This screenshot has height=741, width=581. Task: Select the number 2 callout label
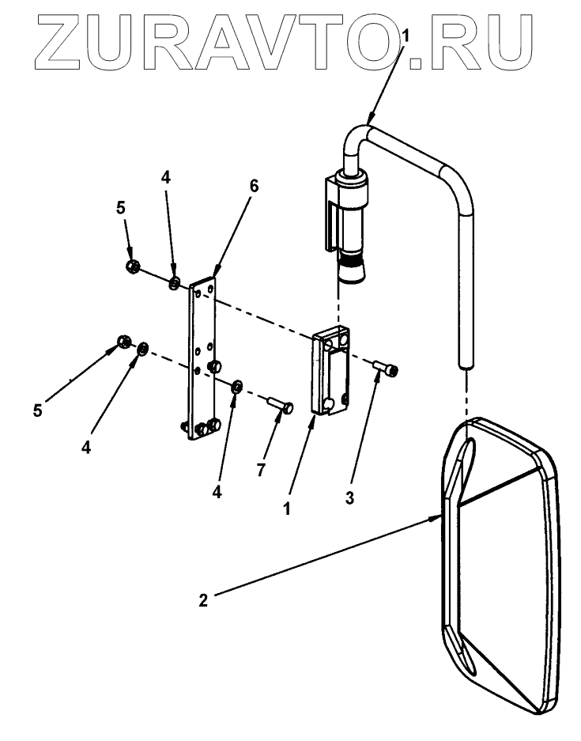(x=203, y=600)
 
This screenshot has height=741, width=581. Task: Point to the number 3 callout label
(x=350, y=499)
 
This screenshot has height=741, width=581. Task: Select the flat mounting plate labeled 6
(x=202, y=356)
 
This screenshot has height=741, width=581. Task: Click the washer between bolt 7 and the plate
(x=236, y=385)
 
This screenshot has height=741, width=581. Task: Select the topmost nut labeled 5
(x=133, y=266)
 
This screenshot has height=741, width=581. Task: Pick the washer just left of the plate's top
(x=175, y=282)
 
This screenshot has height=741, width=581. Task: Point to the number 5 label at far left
(x=38, y=410)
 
